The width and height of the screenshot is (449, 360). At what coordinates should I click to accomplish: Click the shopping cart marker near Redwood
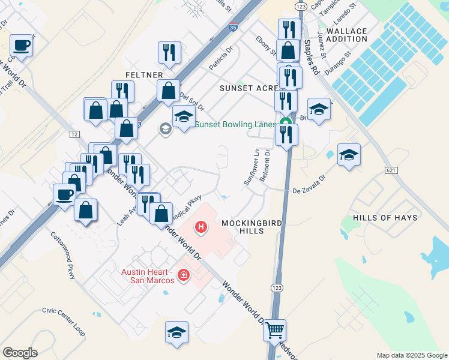275,329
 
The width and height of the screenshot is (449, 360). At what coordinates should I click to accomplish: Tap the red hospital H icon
202,228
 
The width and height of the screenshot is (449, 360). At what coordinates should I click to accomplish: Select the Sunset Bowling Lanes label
235,125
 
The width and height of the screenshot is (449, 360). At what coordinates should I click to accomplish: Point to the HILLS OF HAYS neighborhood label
385,218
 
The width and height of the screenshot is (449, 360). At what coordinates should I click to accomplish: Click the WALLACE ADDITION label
348,35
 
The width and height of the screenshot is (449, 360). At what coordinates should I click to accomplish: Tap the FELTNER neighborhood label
143,74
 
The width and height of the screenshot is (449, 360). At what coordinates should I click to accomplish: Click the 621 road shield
391,171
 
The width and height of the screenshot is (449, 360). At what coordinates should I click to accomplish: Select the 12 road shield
74,134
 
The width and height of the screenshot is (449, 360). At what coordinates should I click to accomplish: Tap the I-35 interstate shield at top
232,27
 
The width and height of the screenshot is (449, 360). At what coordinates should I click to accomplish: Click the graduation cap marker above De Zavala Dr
349,155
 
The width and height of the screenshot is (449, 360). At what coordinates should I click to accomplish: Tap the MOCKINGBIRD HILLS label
243,227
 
